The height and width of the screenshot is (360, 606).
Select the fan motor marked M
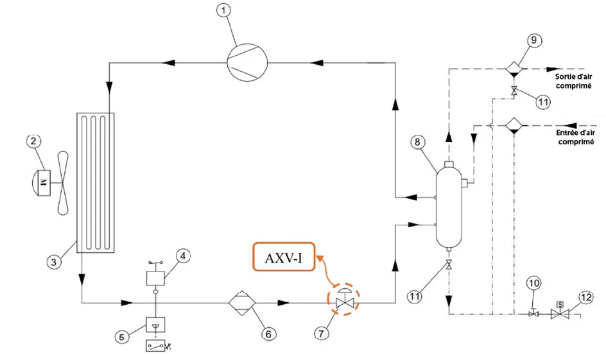point(43,182)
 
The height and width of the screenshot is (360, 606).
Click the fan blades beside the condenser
point(64,182)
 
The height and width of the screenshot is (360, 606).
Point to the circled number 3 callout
point(56,261)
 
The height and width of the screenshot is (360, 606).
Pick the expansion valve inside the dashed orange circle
point(345,300)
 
